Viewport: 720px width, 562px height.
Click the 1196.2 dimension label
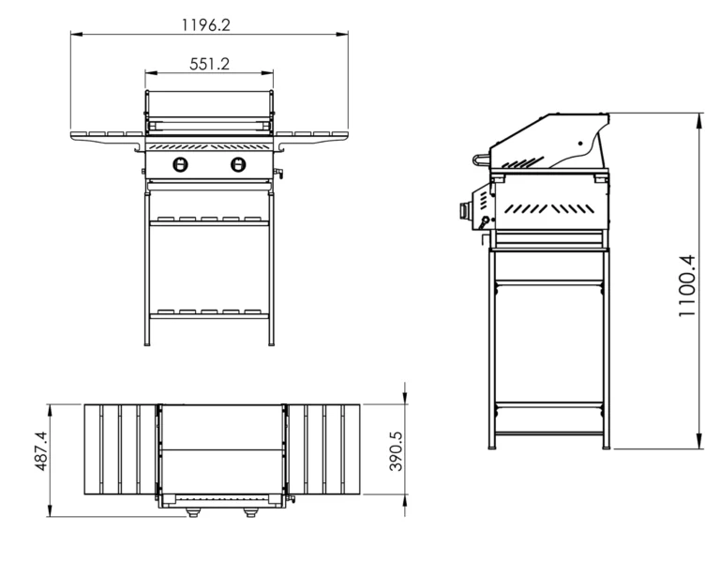point(205,24)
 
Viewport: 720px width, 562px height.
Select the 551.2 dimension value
point(209,64)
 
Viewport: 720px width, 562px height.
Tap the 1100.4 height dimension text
point(687,286)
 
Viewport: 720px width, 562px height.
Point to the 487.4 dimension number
point(41,450)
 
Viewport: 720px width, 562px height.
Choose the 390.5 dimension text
point(396,451)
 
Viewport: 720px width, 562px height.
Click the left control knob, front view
point(180,164)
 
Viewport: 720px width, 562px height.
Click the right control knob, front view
point(238,164)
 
